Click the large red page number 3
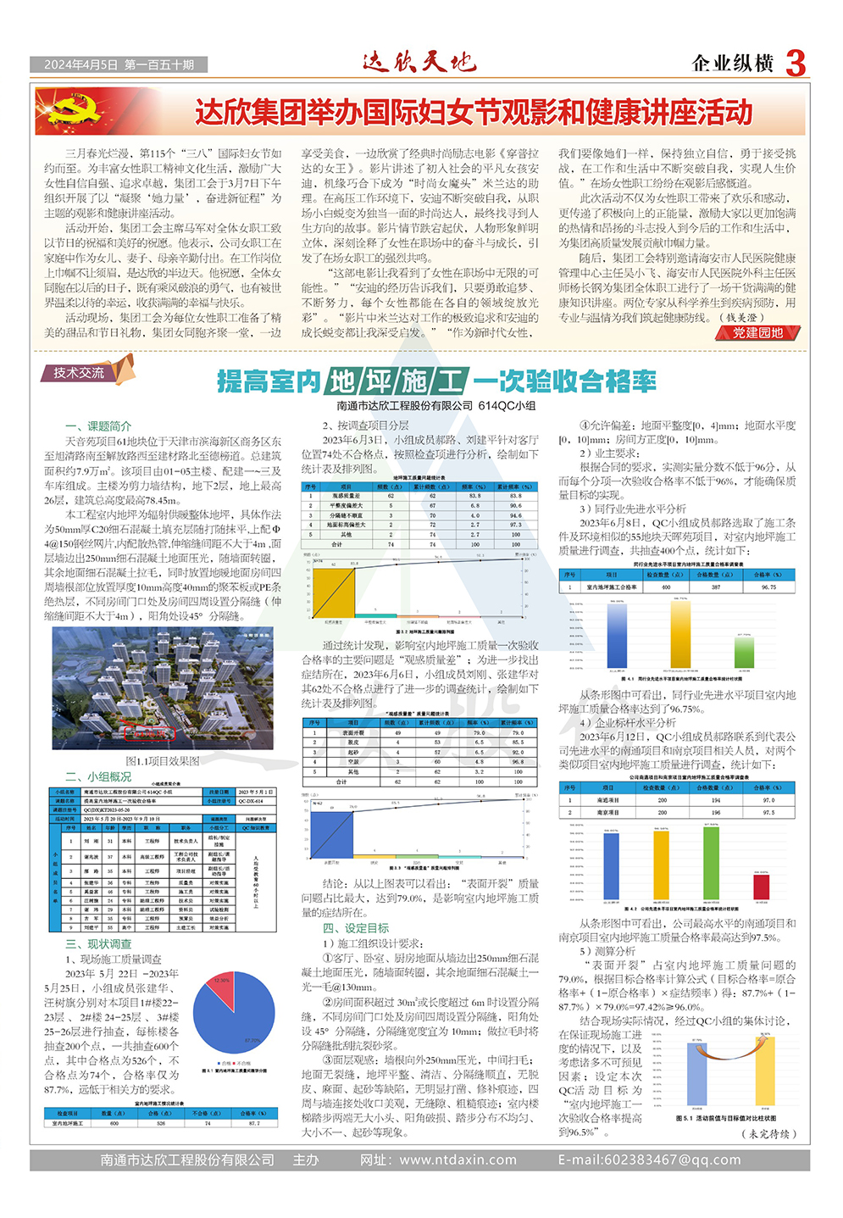[x=795, y=64]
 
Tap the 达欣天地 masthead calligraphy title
[x=419, y=62]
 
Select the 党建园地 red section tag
[x=758, y=333]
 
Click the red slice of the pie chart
[x=221, y=981]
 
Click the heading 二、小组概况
[x=98, y=776]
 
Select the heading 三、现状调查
[x=98, y=943]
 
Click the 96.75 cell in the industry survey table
[x=768, y=587]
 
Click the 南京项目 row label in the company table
[x=607, y=812]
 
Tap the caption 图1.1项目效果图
[x=163, y=761]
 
